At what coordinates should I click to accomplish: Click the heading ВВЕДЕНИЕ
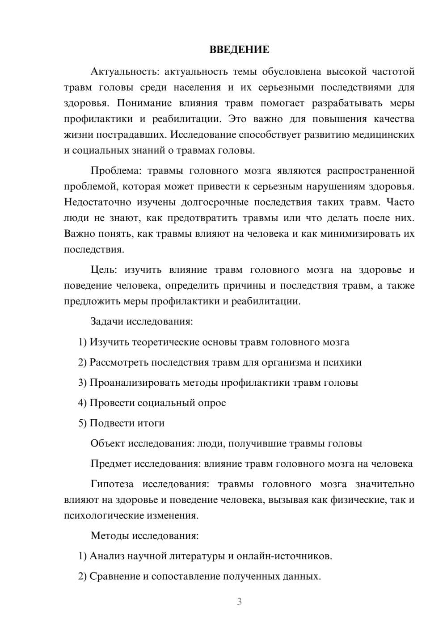pyautogui.click(x=239, y=50)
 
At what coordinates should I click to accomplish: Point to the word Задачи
pyautogui.click(x=107, y=321)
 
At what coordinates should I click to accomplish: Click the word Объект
pyautogui.click(x=108, y=443)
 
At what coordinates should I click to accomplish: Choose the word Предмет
pyautogui.click(x=111, y=463)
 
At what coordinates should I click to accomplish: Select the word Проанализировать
pyautogui.click(x=133, y=383)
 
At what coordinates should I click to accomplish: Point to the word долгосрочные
pyautogui.click(x=215, y=202)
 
